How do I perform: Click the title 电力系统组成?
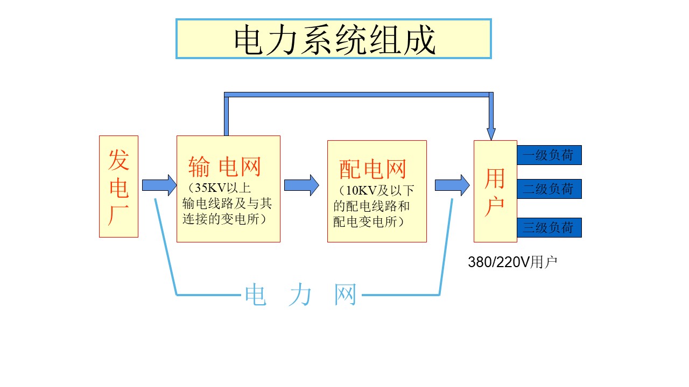[334, 39]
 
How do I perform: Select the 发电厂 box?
[118, 186]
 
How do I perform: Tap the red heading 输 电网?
[225, 167]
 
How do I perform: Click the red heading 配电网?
[372, 170]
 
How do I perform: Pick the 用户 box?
[495, 191]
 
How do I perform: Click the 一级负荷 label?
[549, 155]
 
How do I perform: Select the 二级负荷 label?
[549, 189]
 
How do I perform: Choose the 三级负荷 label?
[549, 227]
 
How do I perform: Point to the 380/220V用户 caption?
[512, 262]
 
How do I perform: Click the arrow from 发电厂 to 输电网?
[159, 185]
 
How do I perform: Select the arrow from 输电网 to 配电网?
[301, 185]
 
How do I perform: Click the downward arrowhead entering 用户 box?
[491, 133]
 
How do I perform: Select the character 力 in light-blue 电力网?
[300, 295]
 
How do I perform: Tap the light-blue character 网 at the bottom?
[346, 295]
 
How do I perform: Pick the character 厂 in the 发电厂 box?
[118, 216]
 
